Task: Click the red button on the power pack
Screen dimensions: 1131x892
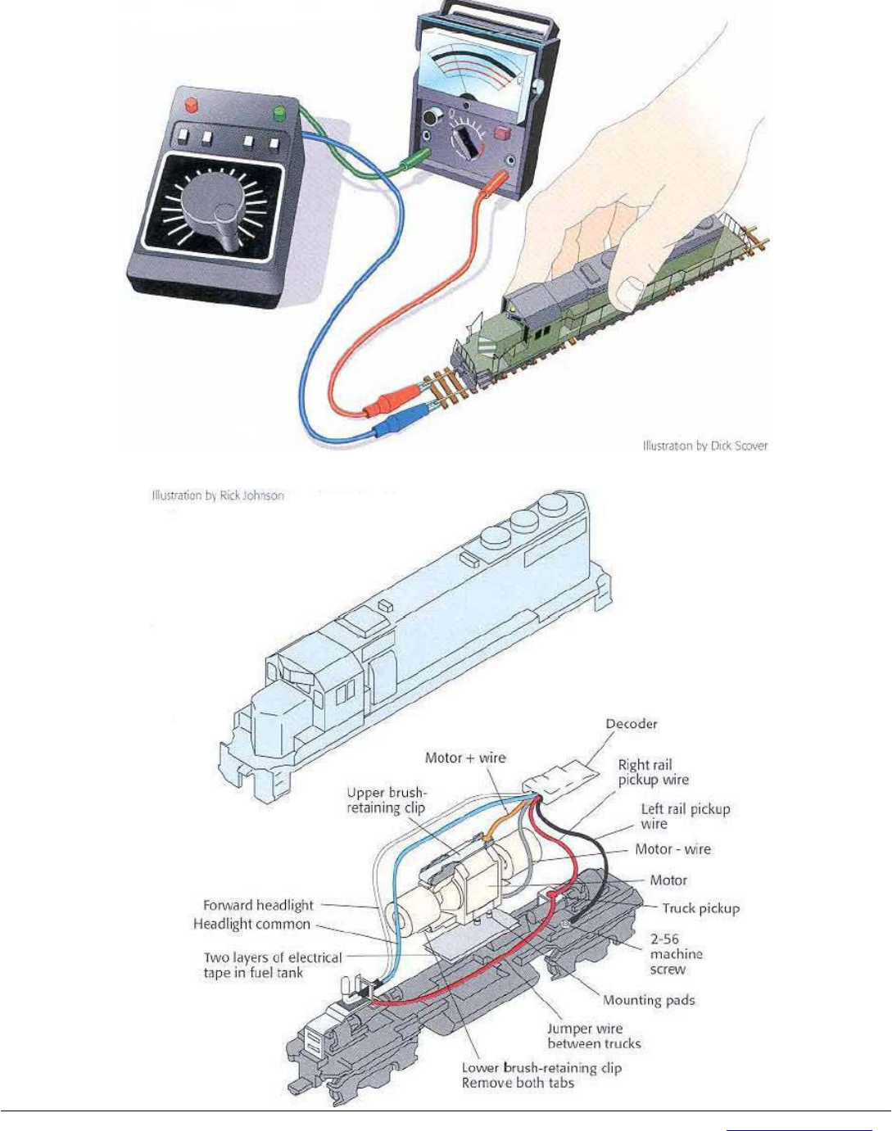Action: [x=192, y=105]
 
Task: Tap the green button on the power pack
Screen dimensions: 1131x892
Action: [x=280, y=111]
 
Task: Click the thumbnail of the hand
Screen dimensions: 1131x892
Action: [x=630, y=290]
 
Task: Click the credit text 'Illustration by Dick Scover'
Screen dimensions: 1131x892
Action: [x=704, y=446]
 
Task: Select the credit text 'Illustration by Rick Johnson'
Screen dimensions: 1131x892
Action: [x=218, y=495]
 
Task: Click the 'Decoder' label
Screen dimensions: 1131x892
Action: [x=632, y=724]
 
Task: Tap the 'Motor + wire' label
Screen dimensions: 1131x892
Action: [x=465, y=758]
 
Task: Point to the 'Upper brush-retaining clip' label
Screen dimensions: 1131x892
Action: [x=387, y=800]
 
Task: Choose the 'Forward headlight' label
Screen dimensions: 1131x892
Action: [x=258, y=905]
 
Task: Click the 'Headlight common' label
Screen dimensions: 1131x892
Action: [x=251, y=924]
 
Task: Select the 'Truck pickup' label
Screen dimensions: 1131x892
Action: [x=700, y=908]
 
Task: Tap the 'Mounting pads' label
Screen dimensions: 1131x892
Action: [x=649, y=1000]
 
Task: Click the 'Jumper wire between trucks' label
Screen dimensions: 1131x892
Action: [x=594, y=1036]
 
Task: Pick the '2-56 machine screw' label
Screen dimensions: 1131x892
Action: [x=676, y=954]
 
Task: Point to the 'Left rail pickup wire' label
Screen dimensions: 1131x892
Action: [x=685, y=816]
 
